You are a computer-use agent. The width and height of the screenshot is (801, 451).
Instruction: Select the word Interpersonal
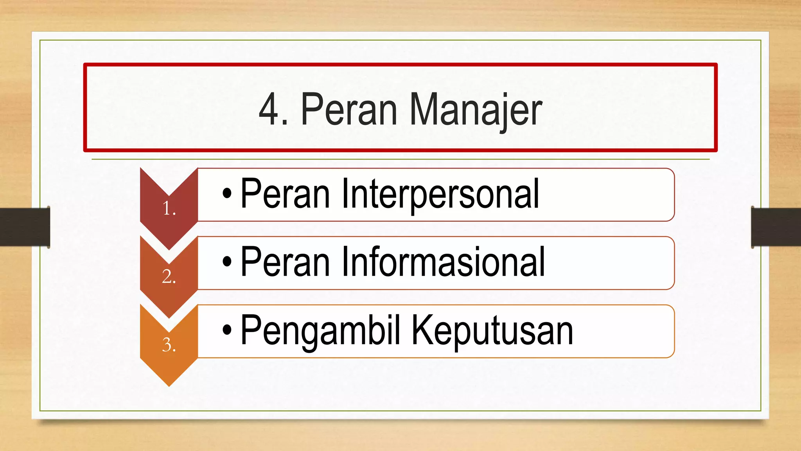[440, 193]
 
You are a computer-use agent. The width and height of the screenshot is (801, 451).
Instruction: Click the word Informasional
[443, 262]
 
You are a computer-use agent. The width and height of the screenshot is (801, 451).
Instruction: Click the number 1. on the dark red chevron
[169, 209]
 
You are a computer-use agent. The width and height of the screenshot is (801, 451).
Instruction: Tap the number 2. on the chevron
[169, 277]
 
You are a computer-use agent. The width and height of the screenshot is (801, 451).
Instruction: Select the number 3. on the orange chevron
[169, 345]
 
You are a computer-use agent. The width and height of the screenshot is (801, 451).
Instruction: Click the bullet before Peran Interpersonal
[227, 193]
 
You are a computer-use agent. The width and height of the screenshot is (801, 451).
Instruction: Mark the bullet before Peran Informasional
[227, 262]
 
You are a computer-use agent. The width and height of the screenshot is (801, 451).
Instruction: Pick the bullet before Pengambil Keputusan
[227, 330]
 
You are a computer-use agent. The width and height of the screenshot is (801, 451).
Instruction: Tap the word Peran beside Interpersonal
[285, 193]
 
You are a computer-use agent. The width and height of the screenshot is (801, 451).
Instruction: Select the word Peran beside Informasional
[285, 262]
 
